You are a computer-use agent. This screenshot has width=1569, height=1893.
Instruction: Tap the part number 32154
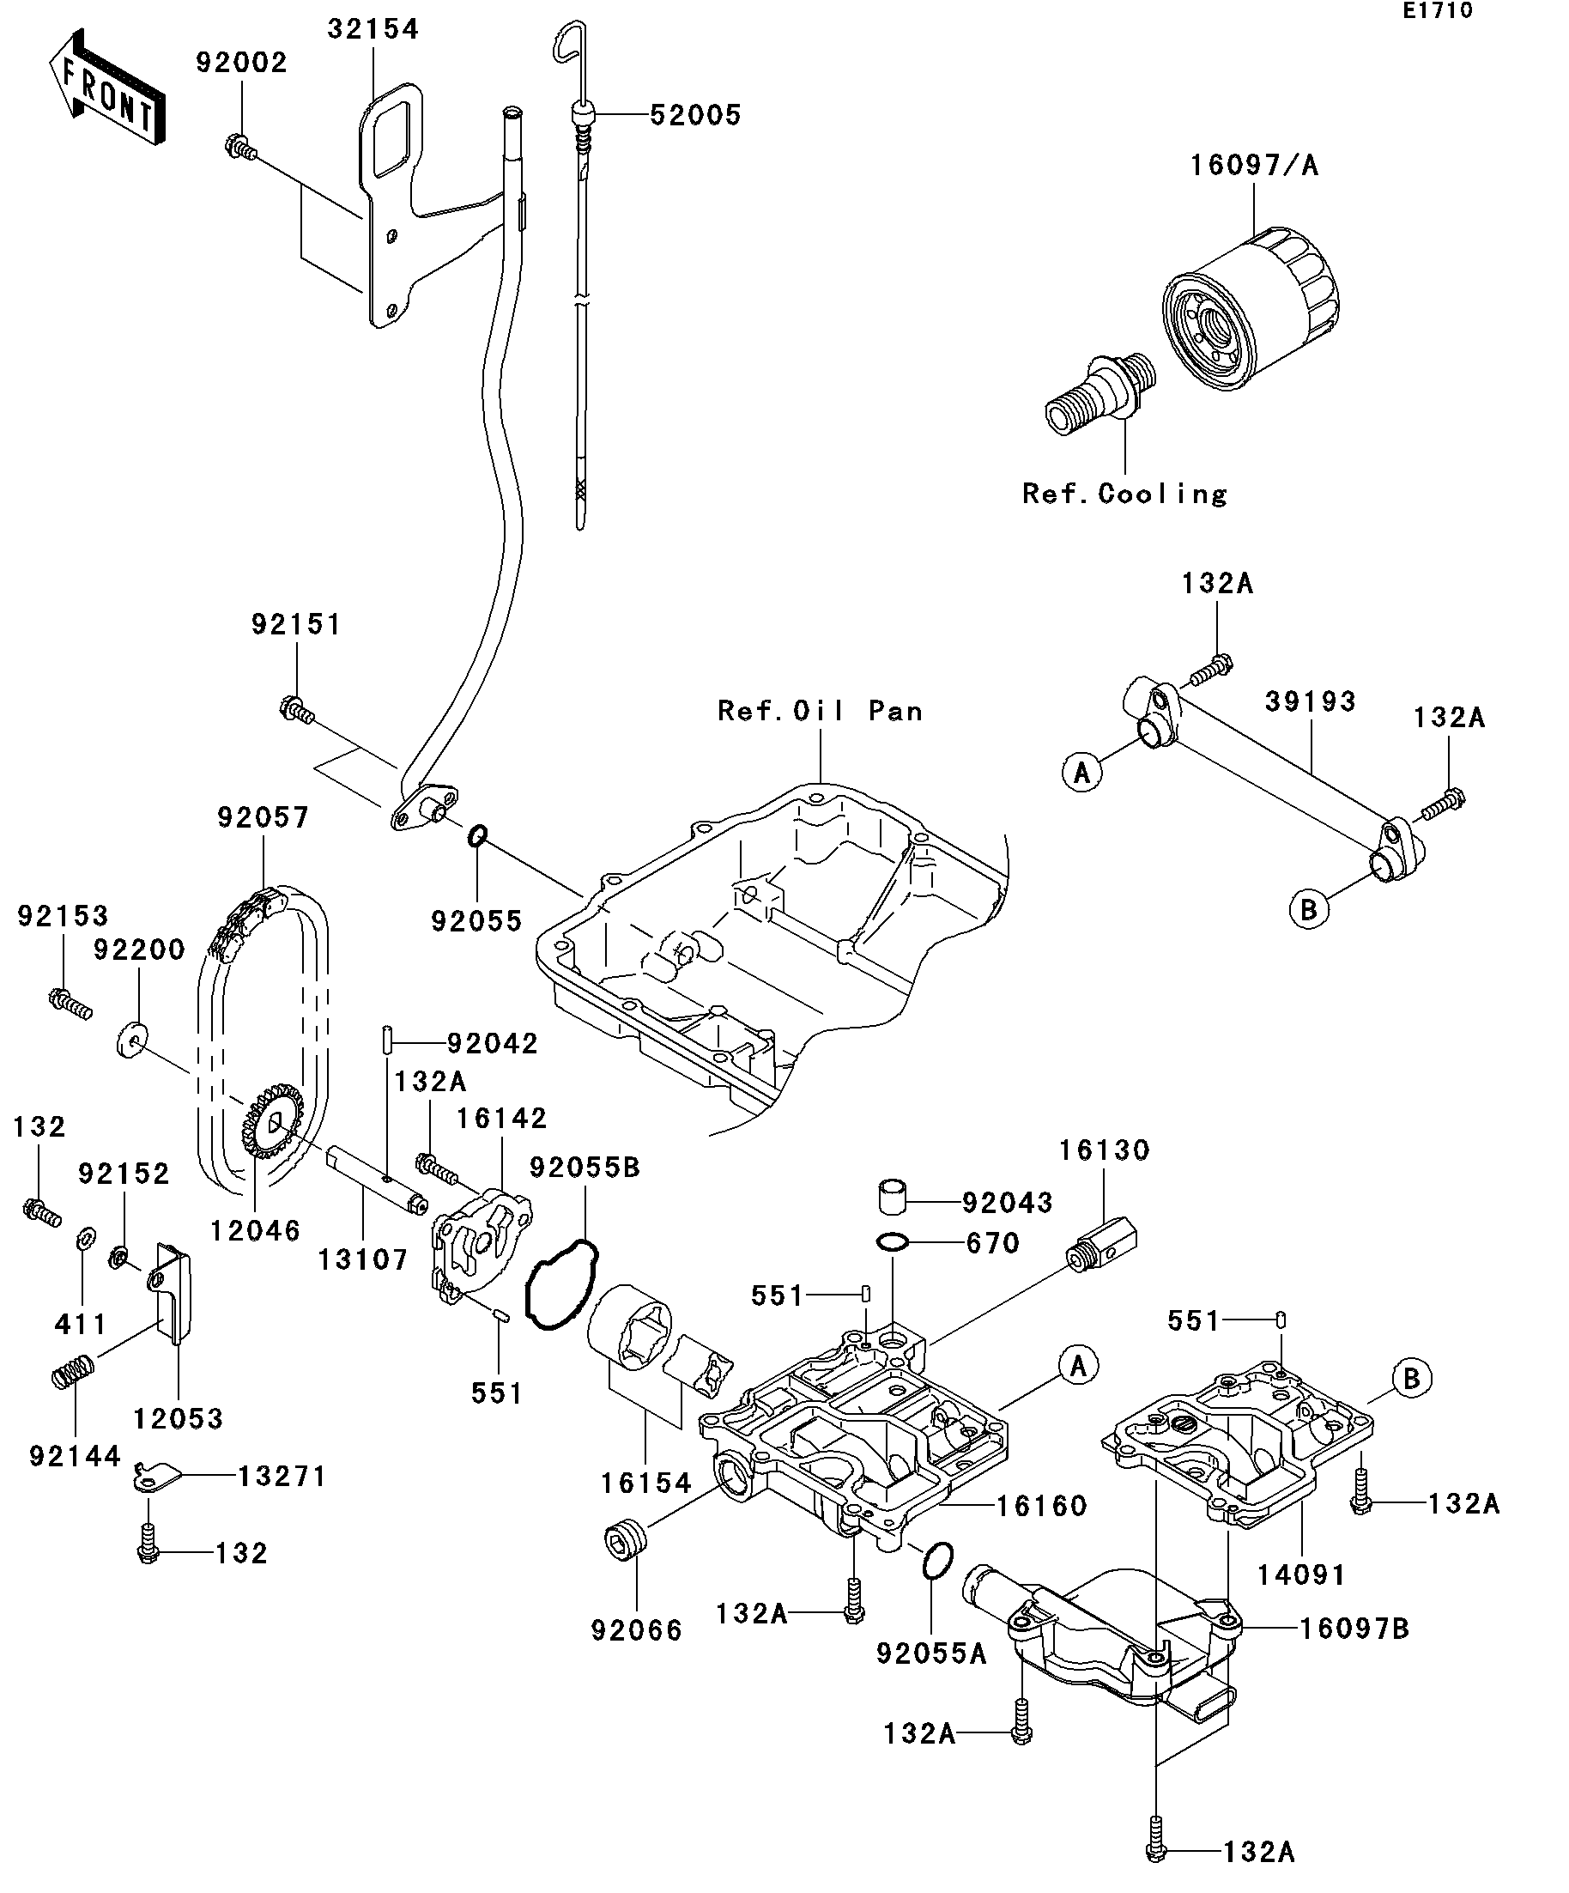pos(373,30)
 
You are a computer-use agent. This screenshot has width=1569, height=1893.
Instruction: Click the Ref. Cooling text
pos(1124,494)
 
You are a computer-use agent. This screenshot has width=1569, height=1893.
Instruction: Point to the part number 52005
pos(695,115)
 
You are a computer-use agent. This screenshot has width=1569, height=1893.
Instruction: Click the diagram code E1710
pos(1437,11)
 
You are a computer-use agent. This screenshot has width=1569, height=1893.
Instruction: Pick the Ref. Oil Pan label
pos(820,711)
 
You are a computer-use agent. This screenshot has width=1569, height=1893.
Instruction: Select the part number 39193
pos(1311,701)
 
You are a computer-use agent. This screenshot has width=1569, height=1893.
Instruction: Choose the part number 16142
pos(501,1119)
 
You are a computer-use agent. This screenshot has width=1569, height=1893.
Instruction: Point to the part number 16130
pos(1104,1150)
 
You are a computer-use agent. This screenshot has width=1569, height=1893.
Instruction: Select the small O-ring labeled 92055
pos(476,835)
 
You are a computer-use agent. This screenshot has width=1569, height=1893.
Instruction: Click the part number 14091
pos(1300,1575)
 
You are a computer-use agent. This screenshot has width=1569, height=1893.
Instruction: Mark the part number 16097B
pos(1354,1628)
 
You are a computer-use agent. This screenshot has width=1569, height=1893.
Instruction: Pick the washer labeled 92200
pos(133,1040)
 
